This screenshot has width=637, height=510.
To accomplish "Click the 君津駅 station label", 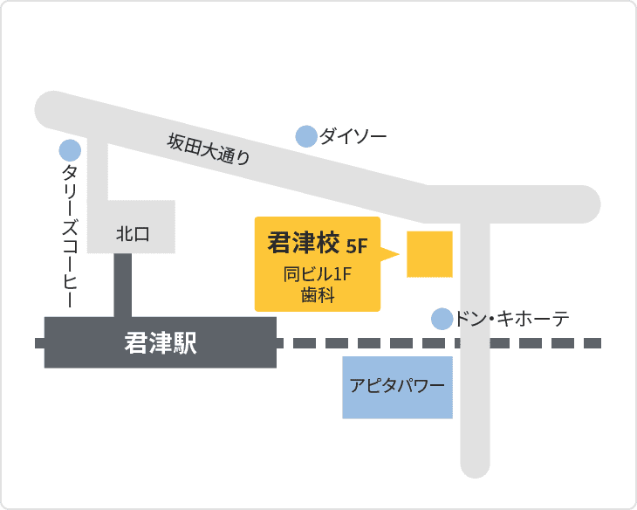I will coord(161,343).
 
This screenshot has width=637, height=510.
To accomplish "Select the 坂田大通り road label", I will coord(209,148).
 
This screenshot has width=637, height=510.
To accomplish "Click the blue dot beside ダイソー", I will coord(306,136).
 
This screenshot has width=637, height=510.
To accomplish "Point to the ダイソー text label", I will coord(353,136).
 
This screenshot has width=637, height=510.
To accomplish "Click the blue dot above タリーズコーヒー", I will coord(70,149).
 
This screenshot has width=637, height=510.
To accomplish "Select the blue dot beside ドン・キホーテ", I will coord(442,319).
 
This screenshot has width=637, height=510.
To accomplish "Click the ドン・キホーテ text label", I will coord(512,319).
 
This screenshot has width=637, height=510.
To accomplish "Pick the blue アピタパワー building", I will coord(397,387).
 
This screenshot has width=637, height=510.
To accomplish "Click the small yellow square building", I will coord(429,254).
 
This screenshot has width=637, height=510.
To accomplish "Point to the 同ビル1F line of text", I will coord(317,274).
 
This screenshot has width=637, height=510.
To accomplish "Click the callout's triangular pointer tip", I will coord(397,255).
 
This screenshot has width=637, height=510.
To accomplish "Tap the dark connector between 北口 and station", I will coord(123,285).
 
